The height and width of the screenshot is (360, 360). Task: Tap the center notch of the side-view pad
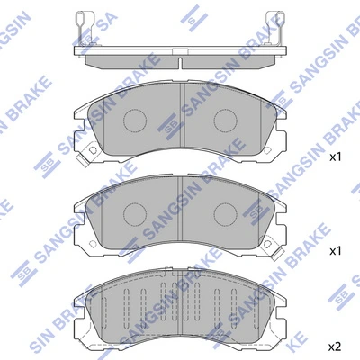coord(180,64)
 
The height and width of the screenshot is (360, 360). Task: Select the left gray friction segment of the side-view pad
coord(126,57)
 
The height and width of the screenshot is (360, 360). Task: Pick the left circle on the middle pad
coord(135,212)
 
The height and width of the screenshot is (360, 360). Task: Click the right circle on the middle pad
coord(225,212)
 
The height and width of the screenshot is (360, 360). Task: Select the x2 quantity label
coord(335,346)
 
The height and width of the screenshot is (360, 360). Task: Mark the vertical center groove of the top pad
coord(181,117)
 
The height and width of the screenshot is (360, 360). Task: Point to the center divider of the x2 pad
coord(180,306)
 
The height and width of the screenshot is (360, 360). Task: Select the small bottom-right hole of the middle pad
coord(271,245)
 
